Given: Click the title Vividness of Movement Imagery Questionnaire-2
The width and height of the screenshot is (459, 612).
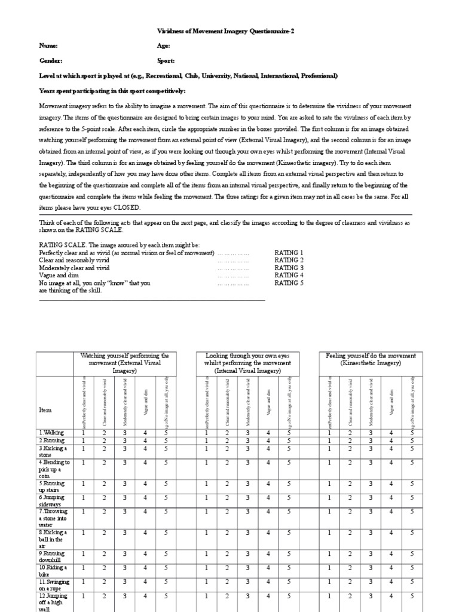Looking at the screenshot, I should point(229,31).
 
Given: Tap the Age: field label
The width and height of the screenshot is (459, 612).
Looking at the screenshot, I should point(163,46).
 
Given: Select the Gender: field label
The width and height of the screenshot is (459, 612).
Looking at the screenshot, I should point(52,61).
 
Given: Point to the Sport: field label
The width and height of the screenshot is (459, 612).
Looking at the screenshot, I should point(166,61).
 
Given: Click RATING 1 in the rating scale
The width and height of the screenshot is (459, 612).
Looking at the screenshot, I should point(289,253).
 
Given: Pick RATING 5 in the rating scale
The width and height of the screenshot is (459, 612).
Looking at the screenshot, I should point(289,283).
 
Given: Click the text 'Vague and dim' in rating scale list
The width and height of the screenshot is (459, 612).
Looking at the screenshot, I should point(60,276).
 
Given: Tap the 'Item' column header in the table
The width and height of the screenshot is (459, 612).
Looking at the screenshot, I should point(45,410).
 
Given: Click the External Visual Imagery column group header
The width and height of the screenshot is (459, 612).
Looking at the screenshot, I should point(125,363).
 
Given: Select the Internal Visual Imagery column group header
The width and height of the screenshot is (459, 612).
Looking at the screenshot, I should point(247,363).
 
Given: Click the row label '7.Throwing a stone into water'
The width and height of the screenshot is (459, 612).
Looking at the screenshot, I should point(53,519).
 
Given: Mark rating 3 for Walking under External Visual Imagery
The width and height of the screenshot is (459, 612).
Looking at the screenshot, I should point(125,432).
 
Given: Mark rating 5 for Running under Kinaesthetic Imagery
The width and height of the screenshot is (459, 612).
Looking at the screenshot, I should point(412,440).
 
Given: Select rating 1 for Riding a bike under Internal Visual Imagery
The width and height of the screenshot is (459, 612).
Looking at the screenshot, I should point(207,567).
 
